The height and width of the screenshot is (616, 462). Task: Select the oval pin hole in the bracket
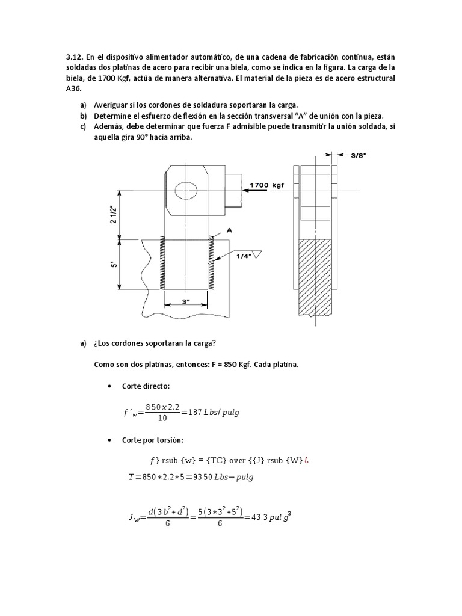[x=186, y=191]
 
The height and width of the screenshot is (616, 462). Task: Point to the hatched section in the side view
[x=316, y=276]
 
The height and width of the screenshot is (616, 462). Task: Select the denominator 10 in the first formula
[x=162, y=419]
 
